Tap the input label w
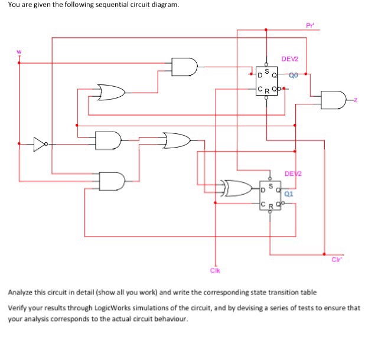[18, 50]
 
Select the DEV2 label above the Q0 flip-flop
[290, 60]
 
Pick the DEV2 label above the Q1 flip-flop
[292, 174]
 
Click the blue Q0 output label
[294, 75]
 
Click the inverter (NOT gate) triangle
[40, 143]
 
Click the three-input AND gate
[112, 180]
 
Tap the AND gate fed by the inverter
[108, 140]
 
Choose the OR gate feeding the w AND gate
[112, 93]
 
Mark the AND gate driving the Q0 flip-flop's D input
[184, 67]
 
